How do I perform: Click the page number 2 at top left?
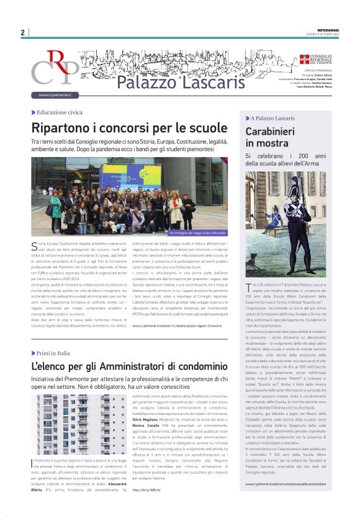point(22,32)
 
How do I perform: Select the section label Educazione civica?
point(59,112)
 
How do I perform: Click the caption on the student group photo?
point(191,232)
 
